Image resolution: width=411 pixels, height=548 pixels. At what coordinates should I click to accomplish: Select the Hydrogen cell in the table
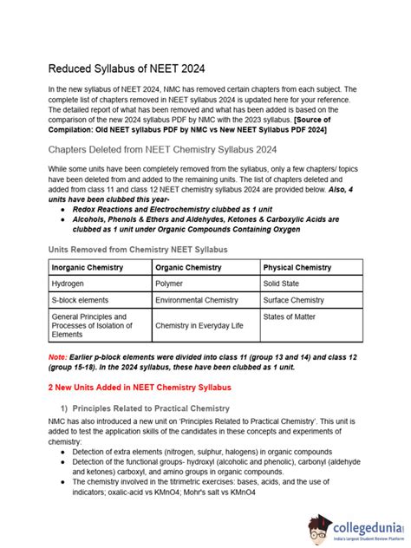coord(68,284)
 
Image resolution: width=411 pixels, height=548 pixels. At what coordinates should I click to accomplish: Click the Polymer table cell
coord(169,284)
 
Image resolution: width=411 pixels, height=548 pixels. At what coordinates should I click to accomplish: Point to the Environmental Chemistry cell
coord(195,300)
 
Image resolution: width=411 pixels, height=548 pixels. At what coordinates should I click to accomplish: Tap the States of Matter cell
coord(291,317)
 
